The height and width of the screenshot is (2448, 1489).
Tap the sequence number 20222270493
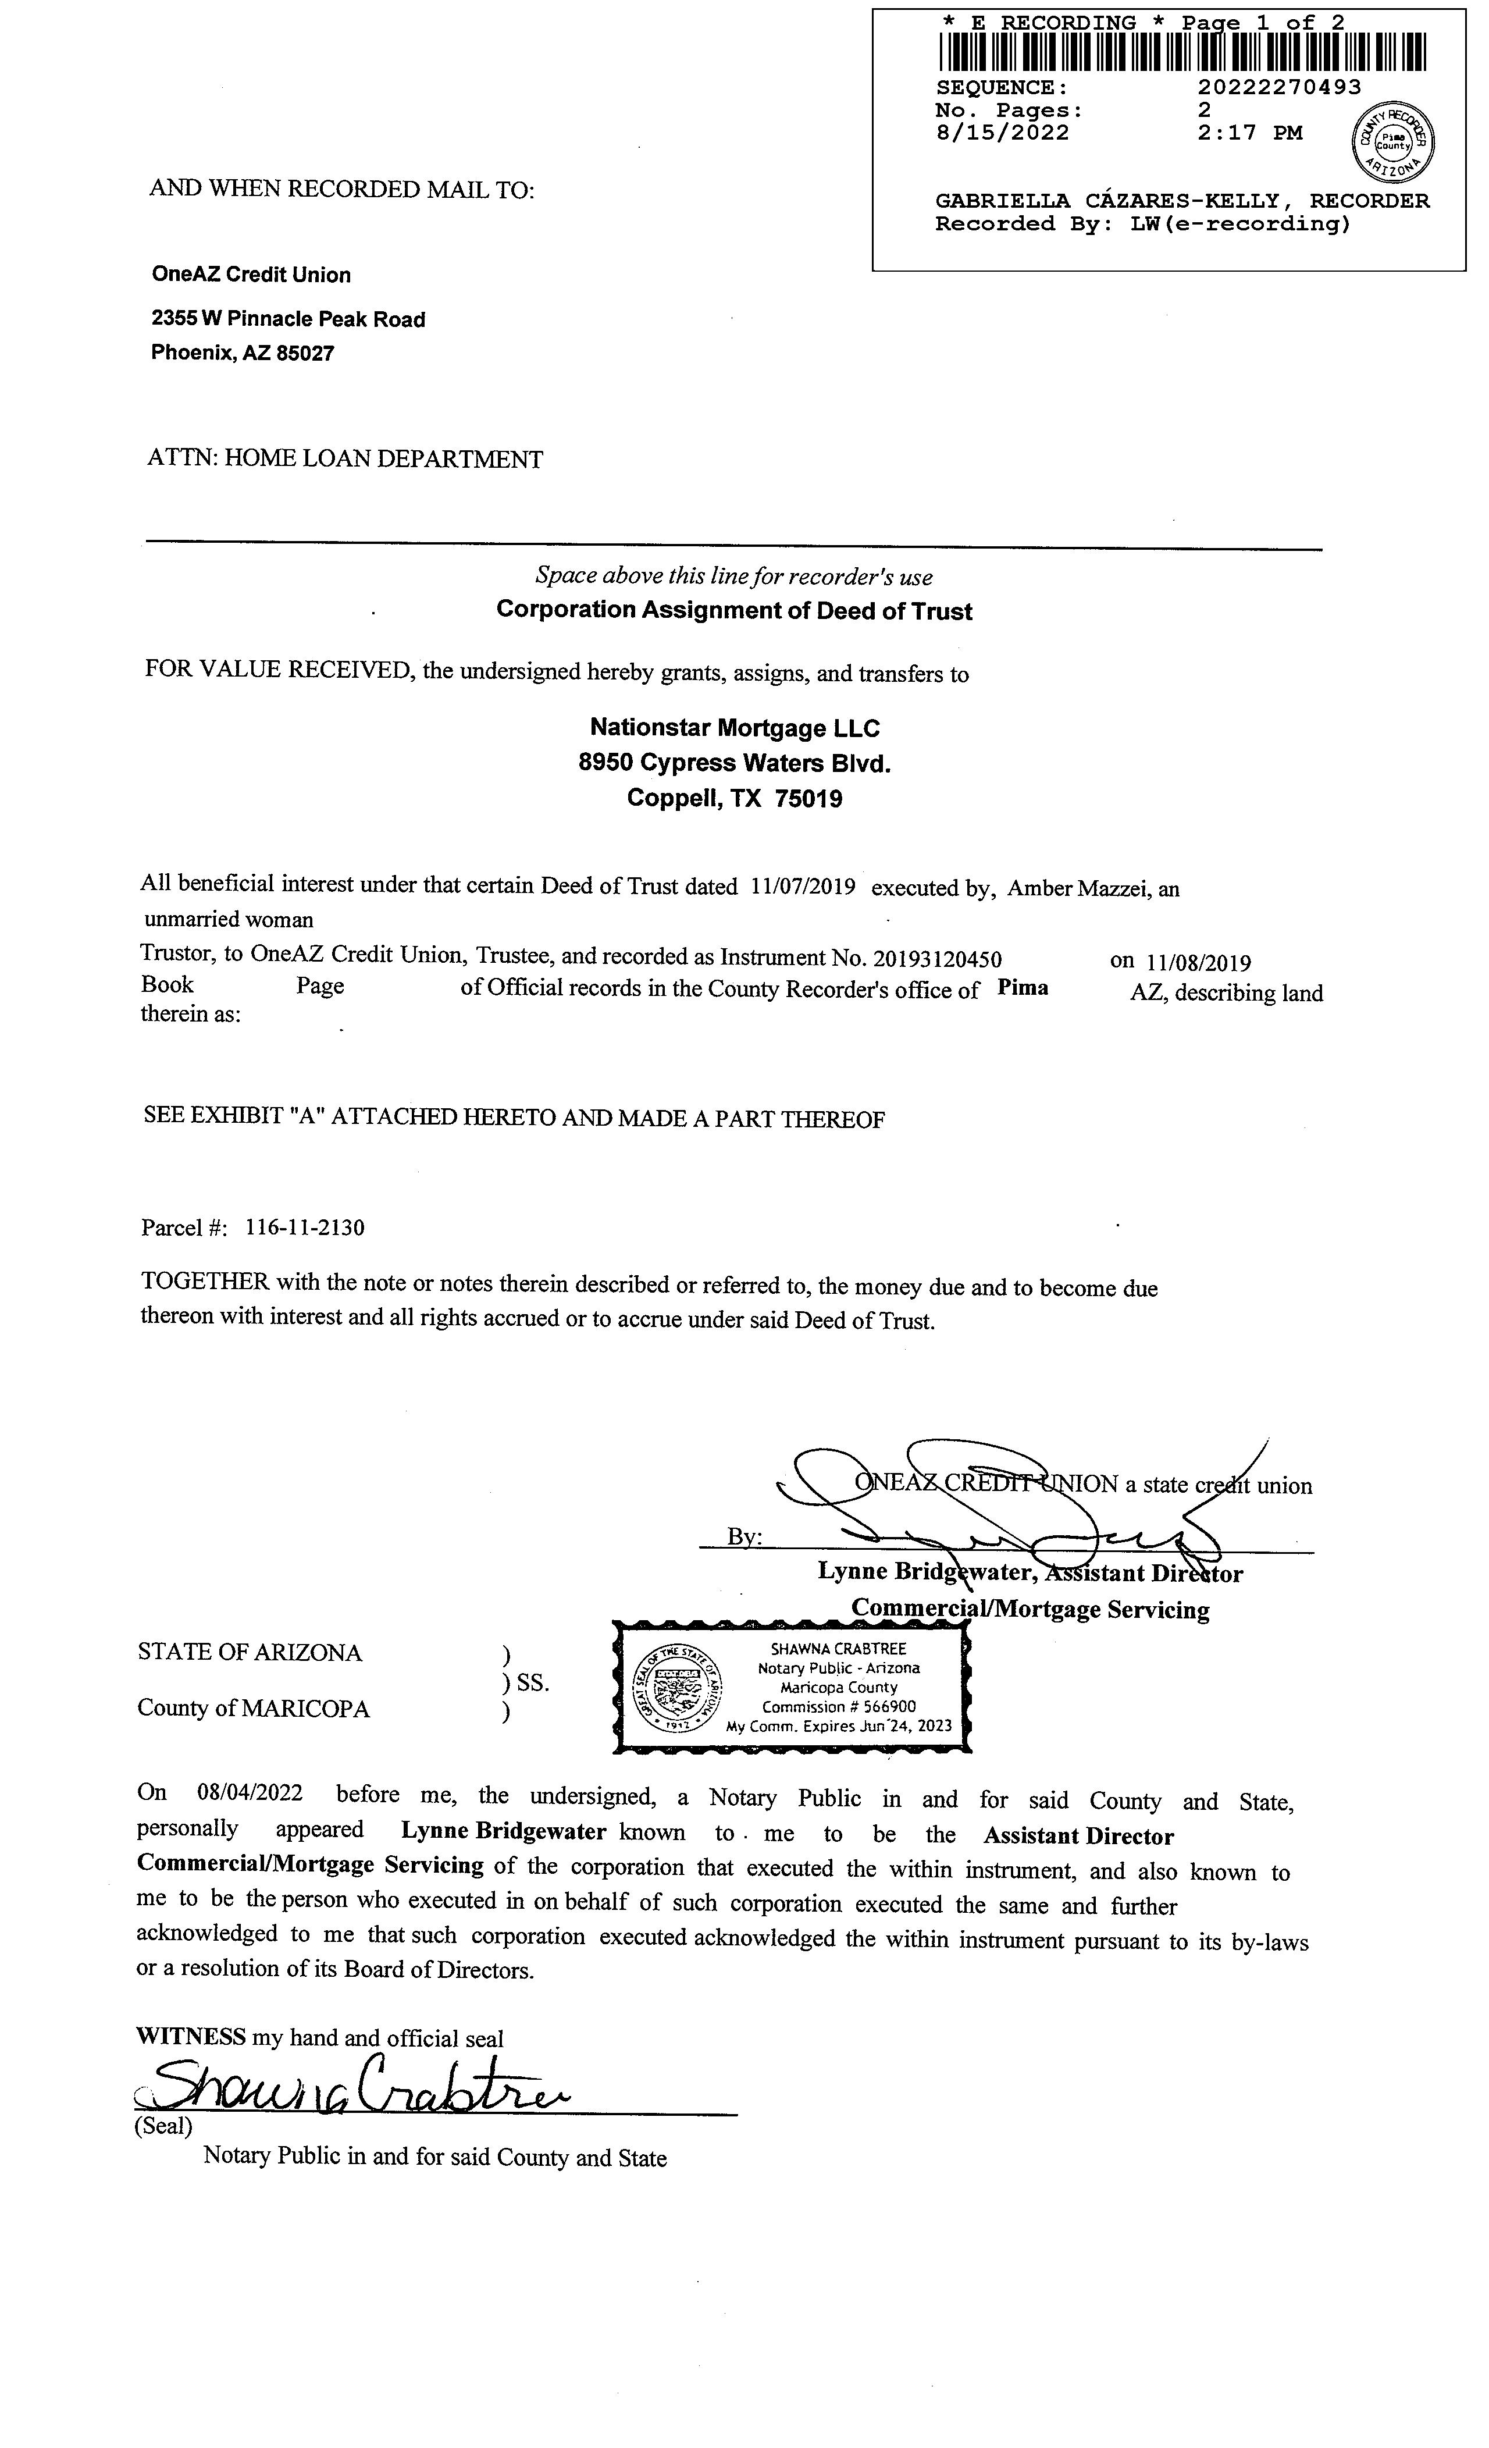(x=1280, y=87)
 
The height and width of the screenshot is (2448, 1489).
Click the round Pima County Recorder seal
(x=1394, y=142)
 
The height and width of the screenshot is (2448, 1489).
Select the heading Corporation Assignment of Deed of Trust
(x=734, y=610)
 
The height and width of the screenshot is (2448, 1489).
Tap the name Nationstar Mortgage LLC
(x=734, y=728)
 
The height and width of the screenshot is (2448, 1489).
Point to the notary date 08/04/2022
(x=250, y=1794)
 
